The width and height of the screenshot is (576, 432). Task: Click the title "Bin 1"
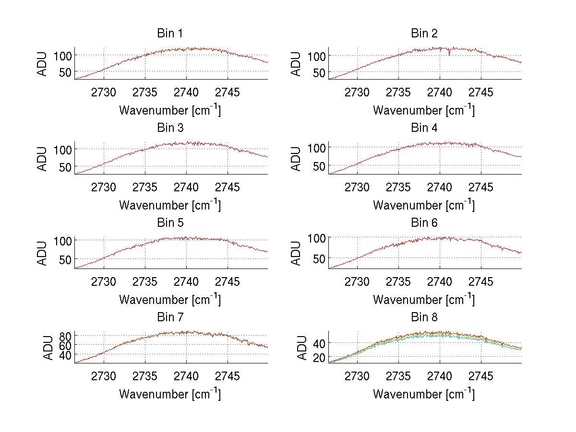[169, 34]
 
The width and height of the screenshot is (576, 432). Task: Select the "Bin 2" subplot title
[424, 34]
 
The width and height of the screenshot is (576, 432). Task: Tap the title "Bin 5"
[169, 223]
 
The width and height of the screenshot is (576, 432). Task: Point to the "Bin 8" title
[424, 317]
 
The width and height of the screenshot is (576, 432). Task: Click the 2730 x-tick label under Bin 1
[104, 92]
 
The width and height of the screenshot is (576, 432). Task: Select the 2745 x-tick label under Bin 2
[480, 92]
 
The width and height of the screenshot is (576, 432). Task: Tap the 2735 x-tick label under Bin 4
[398, 187]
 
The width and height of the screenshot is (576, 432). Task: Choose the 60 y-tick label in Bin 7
[65, 345]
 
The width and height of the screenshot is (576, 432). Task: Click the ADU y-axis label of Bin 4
[297, 159]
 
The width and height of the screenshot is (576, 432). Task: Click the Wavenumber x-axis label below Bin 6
[424, 300]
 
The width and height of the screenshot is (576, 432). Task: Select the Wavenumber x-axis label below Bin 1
[170, 110]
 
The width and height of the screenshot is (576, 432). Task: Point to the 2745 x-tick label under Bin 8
[480, 376]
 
